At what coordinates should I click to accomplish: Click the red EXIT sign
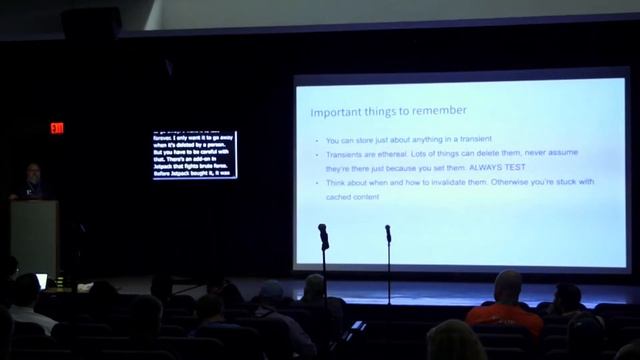point(57,128)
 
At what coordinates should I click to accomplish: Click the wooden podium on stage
point(34,236)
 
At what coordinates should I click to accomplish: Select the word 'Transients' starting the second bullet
point(345,156)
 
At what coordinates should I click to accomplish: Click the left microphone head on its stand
point(323,233)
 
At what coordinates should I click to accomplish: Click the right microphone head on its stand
point(388,233)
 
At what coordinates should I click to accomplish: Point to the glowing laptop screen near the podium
point(41,281)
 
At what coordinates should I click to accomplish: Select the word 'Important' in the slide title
point(335,111)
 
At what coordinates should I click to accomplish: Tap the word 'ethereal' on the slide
point(402,156)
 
